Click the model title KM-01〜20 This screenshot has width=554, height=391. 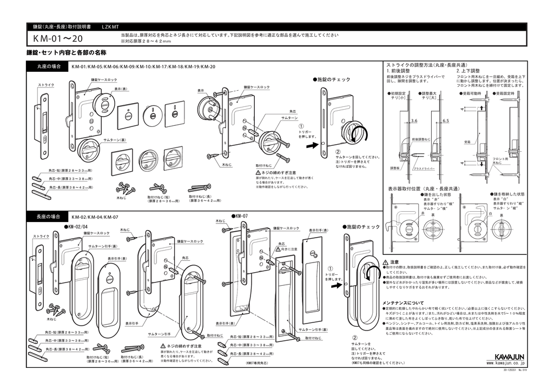point(58,38)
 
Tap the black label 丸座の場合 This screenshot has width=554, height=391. point(48,66)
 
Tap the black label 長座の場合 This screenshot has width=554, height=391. point(48,217)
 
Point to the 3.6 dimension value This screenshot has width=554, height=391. point(414,121)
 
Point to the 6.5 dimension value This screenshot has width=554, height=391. point(445,121)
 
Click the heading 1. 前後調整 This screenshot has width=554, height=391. point(398,71)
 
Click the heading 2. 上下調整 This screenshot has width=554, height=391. point(468,71)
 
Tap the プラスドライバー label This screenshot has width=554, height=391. point(424,169)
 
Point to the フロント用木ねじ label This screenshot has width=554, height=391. point(500,160)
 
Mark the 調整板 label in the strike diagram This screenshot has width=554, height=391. point(394,168)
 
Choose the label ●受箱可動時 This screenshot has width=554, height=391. point(473,93)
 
